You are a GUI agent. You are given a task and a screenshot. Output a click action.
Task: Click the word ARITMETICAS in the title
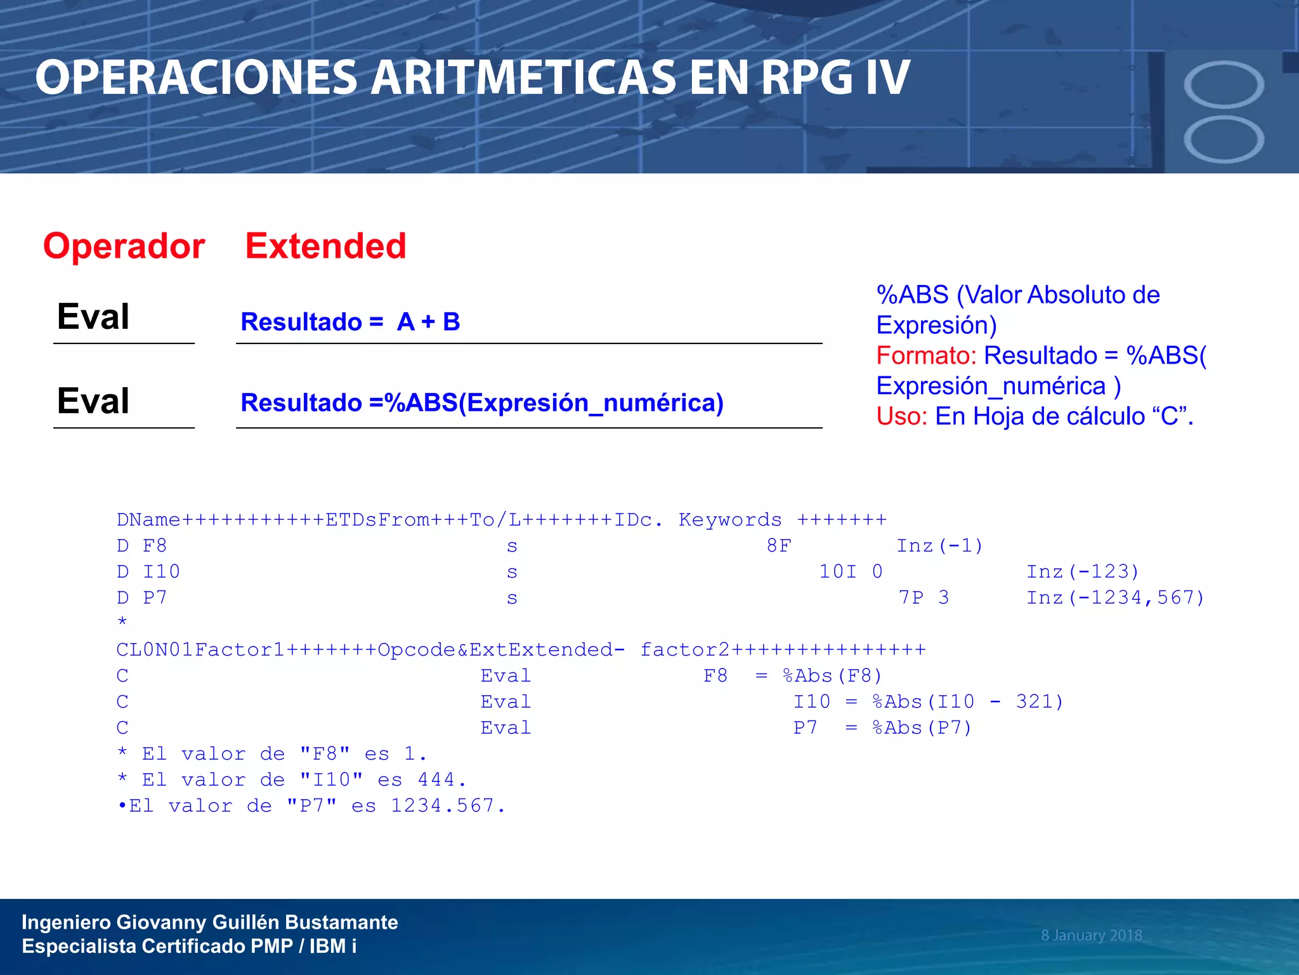[523, 77]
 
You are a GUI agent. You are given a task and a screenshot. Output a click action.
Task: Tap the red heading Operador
[124, 246]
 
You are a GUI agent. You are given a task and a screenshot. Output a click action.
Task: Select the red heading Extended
[325, 246]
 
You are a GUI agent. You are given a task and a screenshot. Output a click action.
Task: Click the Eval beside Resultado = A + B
[93, 316]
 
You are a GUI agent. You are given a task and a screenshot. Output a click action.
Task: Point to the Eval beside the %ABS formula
[93, 401]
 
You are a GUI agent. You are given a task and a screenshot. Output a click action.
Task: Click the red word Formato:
[925, 355]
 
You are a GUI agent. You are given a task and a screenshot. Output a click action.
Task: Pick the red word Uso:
[901, 416]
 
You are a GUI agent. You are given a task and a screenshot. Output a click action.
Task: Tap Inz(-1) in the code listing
[939, 546]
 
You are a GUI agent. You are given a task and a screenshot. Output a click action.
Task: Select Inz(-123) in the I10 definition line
[1083, 572]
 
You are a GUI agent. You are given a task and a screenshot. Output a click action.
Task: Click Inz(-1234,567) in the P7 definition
[1115, 598]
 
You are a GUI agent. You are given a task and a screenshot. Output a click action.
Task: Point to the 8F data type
[779, 546]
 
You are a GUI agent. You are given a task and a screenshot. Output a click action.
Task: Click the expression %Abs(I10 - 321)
[968, 702]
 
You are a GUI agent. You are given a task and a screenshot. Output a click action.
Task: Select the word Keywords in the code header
[730, 520]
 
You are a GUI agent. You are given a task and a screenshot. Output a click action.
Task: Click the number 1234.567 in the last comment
[442, 806]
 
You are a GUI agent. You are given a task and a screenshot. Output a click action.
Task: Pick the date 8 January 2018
[1091, 935]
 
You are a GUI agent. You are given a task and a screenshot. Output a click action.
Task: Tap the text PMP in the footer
[271, 946]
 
